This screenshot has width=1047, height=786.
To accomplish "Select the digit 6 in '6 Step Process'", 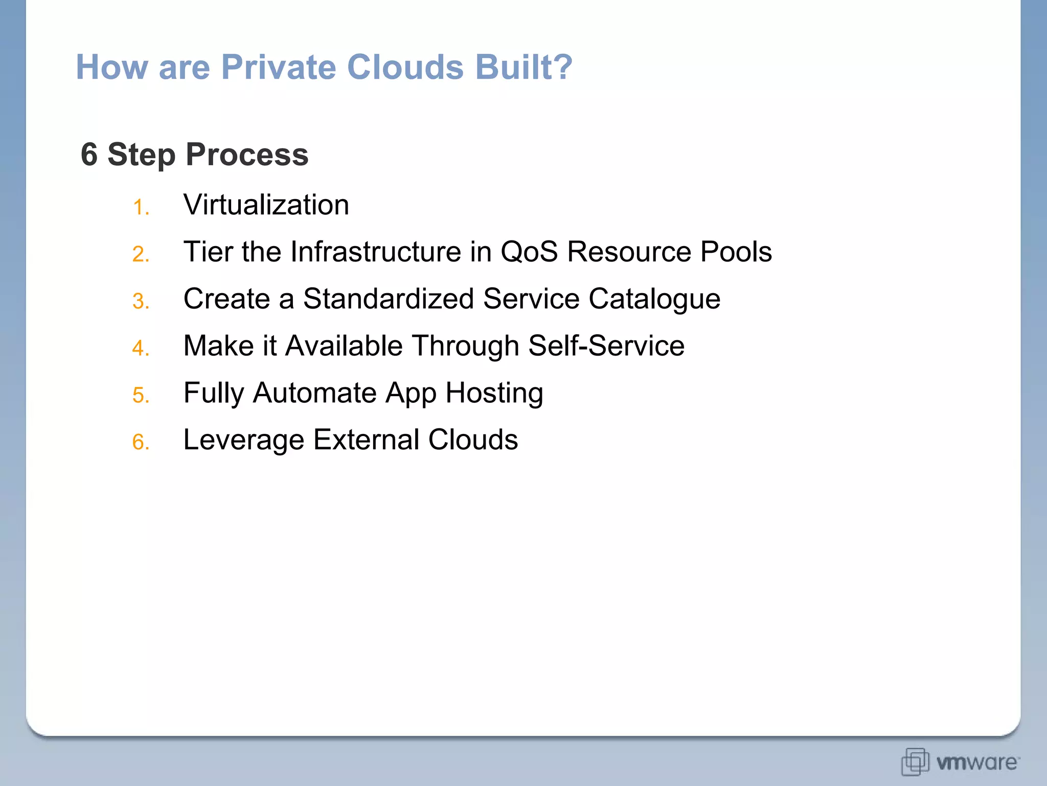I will coord(89,154).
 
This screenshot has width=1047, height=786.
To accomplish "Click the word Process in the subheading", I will coord(247,154).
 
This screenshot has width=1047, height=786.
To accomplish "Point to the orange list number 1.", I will coord(140,208).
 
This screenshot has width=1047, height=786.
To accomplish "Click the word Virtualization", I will coord(266,205).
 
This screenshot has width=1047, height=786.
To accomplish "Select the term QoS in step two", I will coord(529,252).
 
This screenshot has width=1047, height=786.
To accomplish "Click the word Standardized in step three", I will coord(389,299).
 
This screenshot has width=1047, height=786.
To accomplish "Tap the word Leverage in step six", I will coord(243,441).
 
